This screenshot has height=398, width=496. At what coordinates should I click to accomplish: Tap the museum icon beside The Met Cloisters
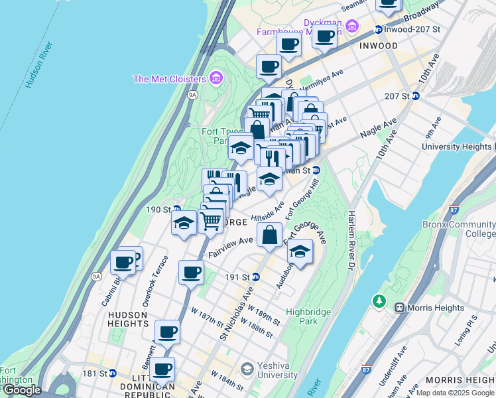pyautogui.click(x=216, y=79)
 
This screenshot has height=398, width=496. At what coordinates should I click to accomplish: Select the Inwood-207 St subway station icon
pyautogui.click(x=378, y=29)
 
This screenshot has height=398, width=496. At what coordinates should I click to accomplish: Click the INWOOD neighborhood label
pyautogui.click(x=378, y=46)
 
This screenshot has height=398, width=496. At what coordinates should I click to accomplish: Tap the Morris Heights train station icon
pyautogui.click(x=400, y=308)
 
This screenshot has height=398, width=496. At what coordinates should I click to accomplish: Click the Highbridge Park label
pyautogui.click(x=307, y=316)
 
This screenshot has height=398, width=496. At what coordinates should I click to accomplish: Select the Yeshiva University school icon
pyautogui.click(x=247, y=368)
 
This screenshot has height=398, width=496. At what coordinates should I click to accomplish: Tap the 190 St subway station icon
pyautogui.click(x=176, y=209)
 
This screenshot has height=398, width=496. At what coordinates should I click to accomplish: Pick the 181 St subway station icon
pyautogui.click(x=112, y=373)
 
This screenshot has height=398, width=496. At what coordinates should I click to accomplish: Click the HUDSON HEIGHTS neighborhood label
pyautogui.click(x=127, y=318)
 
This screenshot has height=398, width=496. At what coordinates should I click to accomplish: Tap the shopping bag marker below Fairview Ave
pyautogui.click(x=270, y=235)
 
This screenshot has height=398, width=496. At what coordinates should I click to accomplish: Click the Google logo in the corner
pyautogui.click(x=21, y=390)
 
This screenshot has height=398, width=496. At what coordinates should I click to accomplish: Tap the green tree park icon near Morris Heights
pyautogui.click(x=379, y=301)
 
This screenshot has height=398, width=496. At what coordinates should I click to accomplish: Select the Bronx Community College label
pyautogui.click(x=459, y=229)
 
